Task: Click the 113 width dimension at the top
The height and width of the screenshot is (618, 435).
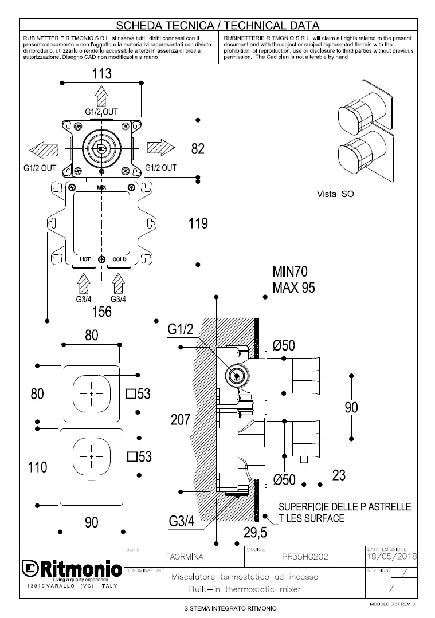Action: coord(101,74)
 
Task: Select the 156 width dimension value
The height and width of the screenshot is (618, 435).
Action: coord(101,312)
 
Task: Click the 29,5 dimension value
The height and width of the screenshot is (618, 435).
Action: coord(255,533)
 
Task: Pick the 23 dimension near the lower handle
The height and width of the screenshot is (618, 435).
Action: coord(339,475)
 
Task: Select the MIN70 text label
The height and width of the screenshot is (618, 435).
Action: coord(293,273)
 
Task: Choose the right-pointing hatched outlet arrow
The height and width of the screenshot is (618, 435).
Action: coord(160,148)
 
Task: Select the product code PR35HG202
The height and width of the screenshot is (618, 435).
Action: coord(305,556)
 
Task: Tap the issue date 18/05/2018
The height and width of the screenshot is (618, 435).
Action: coord(391,556)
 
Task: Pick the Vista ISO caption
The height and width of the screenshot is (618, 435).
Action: coord(335,194)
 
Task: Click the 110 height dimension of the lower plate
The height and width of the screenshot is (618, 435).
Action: coord(38,467)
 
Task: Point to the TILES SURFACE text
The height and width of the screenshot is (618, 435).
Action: coord(312,518)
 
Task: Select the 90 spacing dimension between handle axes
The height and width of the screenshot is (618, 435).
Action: coord(351,407)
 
